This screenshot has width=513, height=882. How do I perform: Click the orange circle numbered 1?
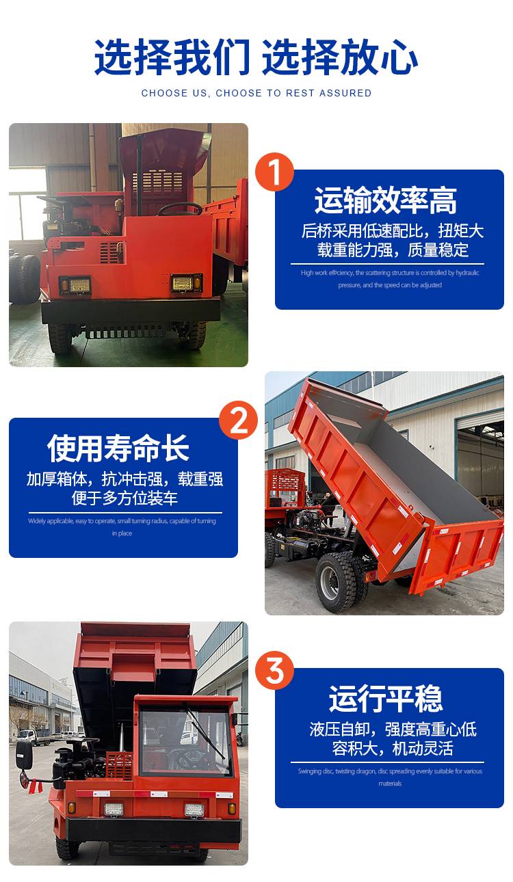click(x=274, y=172)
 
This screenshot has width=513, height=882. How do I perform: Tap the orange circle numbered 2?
click(x=239, y=420)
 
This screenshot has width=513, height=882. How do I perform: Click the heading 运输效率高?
click(x=386, y=200)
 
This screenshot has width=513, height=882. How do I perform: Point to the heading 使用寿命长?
click(x=118, y=448)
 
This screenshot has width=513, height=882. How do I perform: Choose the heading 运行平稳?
click(x=386, y=699)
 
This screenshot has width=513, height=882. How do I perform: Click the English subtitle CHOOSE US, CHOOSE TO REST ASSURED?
click(x=256, y=93)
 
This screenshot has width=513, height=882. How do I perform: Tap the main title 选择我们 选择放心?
click(x=256, y=57)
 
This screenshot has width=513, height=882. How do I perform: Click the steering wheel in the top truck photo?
click(x=180, y=209)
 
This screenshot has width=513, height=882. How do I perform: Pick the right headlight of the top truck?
click(x=186, y=282)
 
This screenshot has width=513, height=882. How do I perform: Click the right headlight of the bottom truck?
click(x=195, y=810)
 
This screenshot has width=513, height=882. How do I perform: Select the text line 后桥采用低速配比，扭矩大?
click(x=393, y=231)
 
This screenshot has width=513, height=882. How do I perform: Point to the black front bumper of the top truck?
click(x=131, y=310)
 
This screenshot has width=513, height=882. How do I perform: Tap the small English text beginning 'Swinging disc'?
click(x=390, y=777)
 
